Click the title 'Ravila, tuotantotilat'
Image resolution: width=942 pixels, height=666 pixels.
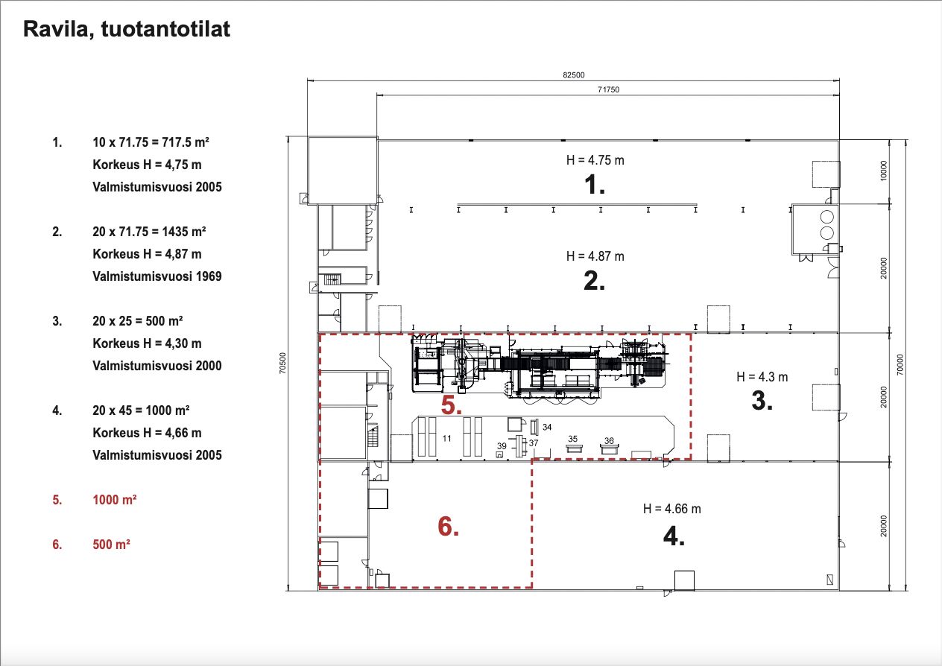127,30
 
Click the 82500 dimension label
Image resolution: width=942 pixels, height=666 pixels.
574,74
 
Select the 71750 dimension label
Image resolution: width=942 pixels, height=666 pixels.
609,89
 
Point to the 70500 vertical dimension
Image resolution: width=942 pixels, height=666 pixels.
282,363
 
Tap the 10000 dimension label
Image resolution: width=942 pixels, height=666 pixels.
884,171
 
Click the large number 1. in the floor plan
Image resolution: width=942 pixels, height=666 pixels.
595,185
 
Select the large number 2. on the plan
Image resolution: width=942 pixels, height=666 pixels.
594,281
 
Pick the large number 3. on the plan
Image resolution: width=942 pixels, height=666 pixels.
762,400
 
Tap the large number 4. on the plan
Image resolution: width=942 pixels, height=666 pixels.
674,536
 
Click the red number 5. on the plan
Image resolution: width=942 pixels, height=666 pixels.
451,405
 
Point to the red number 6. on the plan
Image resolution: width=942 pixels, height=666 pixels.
449,527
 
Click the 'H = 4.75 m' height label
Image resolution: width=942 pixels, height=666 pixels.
595,160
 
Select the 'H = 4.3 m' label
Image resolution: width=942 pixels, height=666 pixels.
762,377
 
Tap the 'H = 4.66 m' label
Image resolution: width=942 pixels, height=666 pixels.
672,509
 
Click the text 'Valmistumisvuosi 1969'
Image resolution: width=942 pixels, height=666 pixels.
157,276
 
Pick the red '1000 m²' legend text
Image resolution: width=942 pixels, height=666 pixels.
114,499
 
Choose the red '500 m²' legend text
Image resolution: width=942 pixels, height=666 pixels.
111,545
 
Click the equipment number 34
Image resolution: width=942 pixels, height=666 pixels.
547,427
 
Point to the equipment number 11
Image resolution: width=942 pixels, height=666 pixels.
446,439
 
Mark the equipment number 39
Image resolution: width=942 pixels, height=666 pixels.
502,445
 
